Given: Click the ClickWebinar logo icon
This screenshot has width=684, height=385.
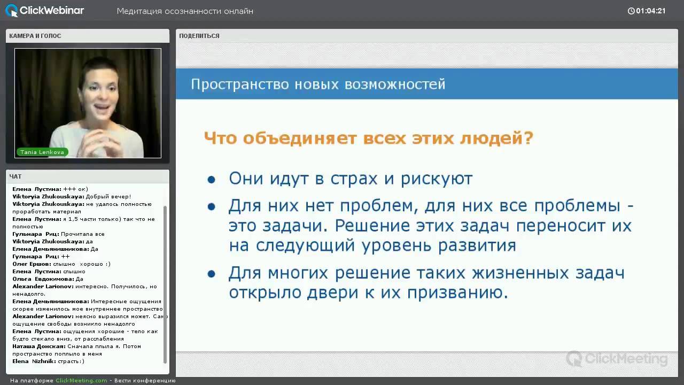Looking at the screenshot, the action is tap(12, 11).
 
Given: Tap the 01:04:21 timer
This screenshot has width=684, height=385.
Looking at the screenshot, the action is tap(647, 11).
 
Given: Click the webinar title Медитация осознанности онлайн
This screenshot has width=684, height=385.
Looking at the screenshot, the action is tap(185, 11).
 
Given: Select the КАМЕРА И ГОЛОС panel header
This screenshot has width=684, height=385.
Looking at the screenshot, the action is tap(35, 36).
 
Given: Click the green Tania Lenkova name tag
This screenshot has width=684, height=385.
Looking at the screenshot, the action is tap(42, 152).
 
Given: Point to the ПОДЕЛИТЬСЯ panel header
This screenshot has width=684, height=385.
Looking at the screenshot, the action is tap(199, 36).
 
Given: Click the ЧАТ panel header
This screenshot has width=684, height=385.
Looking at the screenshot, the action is tap(15, 176).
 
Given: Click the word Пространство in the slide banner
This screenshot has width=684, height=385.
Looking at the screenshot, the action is tap(240, 84).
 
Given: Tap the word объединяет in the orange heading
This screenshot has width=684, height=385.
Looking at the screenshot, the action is tap(300, 138).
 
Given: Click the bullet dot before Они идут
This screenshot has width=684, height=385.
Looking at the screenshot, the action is tap(211, 179).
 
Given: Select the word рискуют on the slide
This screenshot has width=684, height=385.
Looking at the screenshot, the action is tap(437, 179).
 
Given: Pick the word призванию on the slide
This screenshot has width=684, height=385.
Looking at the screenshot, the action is tap(457, 292).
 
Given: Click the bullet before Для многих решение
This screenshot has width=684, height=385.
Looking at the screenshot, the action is tap(211, 274).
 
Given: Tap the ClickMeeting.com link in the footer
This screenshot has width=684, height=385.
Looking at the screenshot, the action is tap(81, 380).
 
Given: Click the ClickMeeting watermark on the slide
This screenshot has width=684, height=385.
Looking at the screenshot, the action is tap(617, 359).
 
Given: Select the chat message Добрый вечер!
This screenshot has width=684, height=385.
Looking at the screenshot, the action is tap(108, 196).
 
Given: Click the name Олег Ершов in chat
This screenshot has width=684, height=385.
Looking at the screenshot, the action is tap(32, 264).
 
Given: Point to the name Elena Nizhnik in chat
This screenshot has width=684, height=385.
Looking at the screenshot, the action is tap(34, 361).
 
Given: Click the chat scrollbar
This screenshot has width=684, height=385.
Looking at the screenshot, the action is tap(165, 284).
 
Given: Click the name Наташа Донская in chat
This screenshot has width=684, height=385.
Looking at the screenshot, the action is tap(39, 346).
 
